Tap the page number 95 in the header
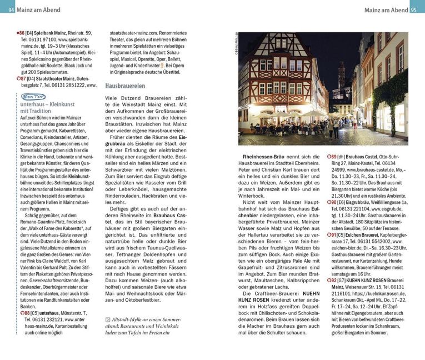coord(417,9)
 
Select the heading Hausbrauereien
coord(125,86)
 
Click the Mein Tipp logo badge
coord(30,96)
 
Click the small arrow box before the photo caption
coord(108,320)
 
